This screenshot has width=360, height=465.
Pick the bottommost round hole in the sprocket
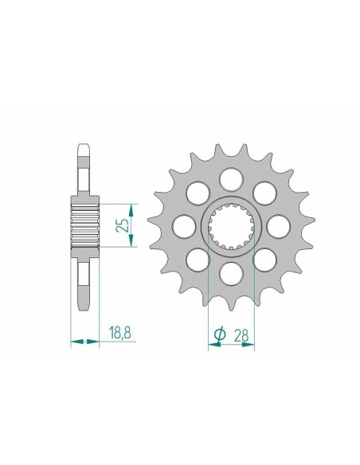(230, 275)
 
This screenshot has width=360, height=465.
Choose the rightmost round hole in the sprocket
(279, 225)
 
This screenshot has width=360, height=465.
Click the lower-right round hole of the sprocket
(264, 260)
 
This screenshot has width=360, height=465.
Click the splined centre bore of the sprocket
(230, 226)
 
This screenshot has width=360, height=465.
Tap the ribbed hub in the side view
(86, 225)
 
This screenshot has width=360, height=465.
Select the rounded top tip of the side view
(85, 147)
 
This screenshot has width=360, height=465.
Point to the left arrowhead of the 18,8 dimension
(73, 343)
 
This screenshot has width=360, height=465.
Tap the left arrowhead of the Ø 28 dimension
(210, 343)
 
